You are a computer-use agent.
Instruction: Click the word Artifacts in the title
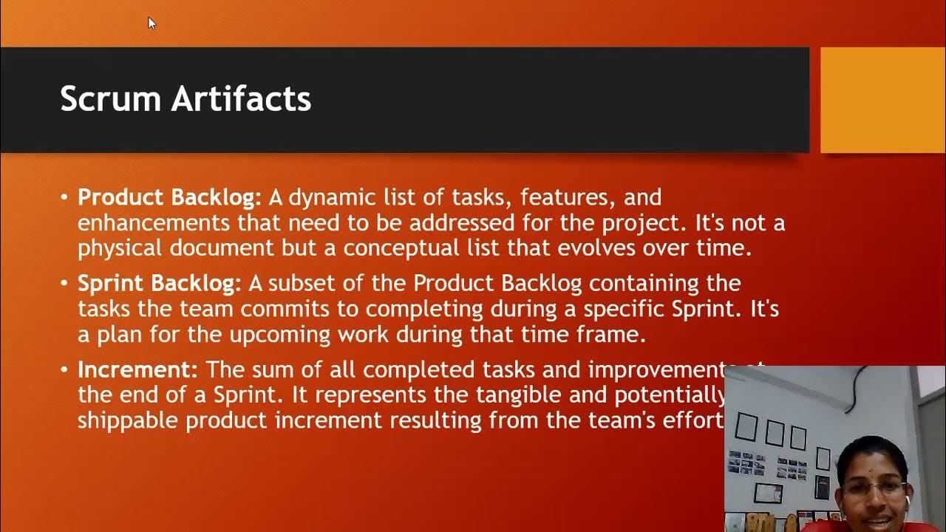click(242, 99)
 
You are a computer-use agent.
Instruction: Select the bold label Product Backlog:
click(170, 197)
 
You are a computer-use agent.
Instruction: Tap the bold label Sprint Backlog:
click(160, 283)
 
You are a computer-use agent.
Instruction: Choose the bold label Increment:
click(138, 369)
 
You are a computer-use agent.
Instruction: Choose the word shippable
click(128, 420)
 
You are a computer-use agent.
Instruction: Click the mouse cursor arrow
click(152, 23)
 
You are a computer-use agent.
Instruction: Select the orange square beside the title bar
click(882, 100)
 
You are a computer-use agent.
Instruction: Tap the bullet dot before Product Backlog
click(64, 198)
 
